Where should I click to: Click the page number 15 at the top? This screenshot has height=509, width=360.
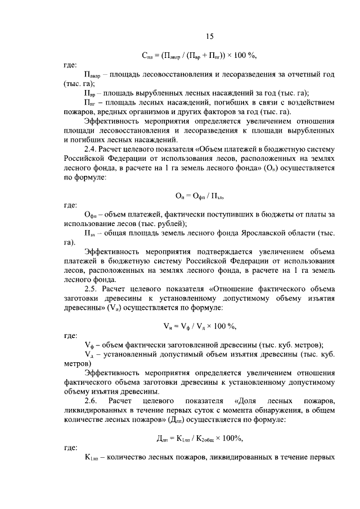click(x=209, y=37)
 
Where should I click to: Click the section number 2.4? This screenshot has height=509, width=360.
click(x=91, y=149)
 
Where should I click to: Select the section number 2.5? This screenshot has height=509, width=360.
click(x=91, y=289)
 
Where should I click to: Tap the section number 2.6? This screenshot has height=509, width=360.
click(x=91, y=400)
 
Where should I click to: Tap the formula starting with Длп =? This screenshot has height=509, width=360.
click(x=200, y=438)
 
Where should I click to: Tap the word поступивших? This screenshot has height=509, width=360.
click(x=204, y=214)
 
